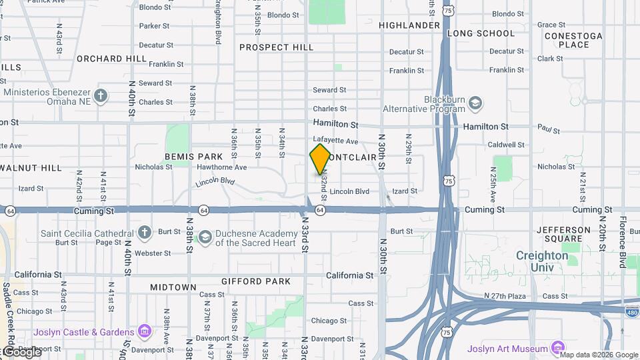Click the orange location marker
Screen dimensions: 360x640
pos(320,159)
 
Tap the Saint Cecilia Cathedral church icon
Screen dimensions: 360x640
pos(145,233)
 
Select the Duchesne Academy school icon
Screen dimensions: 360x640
pos(205,237)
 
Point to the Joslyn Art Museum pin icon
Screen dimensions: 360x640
pos(558,347)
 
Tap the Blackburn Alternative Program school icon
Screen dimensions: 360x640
pos(475,103)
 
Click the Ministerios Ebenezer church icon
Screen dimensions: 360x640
pos(101,95)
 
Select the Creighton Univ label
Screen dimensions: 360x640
pos(541,261)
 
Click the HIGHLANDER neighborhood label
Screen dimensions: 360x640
pos(409,25)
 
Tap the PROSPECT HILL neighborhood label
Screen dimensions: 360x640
pos(276,47)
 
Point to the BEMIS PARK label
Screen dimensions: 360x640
pos(193,157)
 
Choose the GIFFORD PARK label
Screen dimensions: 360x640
pos(256,281)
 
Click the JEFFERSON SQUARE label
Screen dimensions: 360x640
pos(563,234)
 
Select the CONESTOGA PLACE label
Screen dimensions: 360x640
pos(573,40)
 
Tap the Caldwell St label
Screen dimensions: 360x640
pos(507,145)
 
